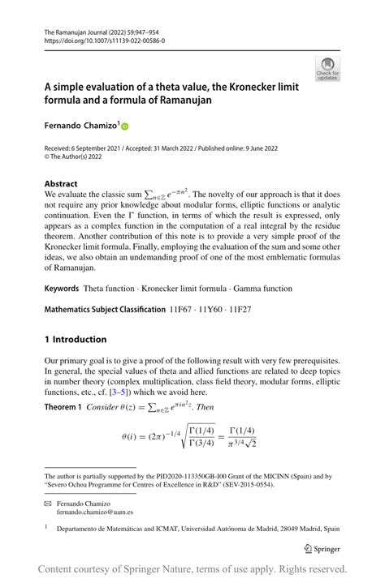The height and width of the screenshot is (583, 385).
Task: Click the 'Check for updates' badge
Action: pyautogui.click(x=329, y=68)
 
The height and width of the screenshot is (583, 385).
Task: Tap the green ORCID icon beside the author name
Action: pyautogui.click(x=125, y=127)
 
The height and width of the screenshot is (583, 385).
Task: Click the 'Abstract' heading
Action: pyautogui.click(x=62, y=184)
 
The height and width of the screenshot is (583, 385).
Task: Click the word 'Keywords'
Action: pyautogui.click(x=61, y=288)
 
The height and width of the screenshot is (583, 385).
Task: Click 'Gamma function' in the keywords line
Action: pyautogui.click(x=255, y=288)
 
